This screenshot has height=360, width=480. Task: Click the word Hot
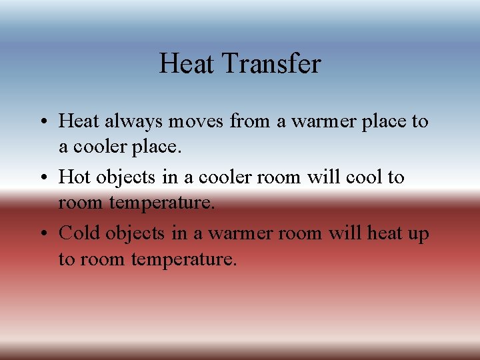pos(75,177)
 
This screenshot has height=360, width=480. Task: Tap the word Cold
pos(79,233)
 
